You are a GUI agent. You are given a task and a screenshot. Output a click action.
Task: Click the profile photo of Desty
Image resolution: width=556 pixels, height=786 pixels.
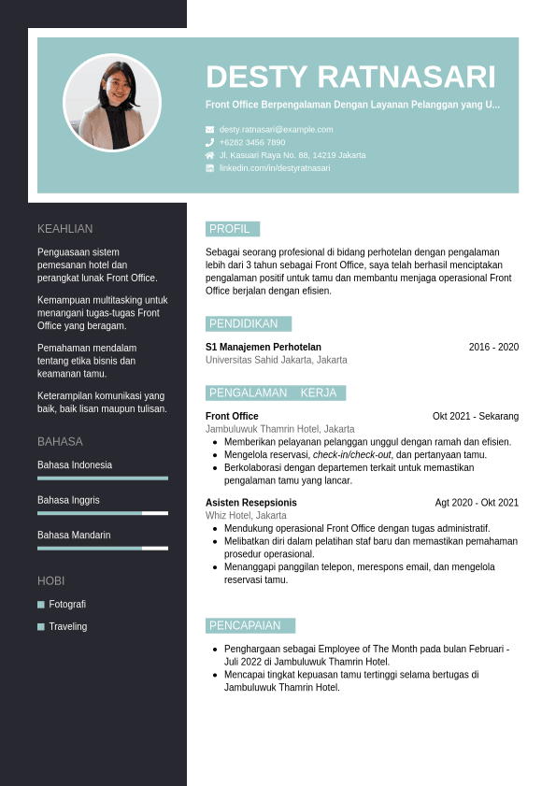tap(112, 103)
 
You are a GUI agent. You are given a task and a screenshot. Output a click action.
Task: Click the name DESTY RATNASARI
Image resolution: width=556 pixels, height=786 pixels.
tap(350, 77)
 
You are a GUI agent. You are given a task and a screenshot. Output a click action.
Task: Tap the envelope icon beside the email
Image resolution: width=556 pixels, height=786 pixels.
tap(210, 129)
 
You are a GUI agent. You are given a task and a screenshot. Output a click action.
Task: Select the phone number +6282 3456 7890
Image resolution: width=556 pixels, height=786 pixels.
tap(252, 142)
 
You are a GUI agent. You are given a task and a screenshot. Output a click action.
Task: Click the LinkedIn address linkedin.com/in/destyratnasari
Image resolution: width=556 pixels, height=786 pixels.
tap(275, 168)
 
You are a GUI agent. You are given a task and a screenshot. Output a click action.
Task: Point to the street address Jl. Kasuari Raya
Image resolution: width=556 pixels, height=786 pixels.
tap(292, 155)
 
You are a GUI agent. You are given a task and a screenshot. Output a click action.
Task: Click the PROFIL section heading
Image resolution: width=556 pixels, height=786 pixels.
tap(230, 229)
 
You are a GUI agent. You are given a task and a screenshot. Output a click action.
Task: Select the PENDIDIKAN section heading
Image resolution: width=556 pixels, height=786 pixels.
tap(244, 323)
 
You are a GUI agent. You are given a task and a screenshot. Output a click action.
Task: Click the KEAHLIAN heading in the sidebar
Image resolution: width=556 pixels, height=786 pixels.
tap(65, 229)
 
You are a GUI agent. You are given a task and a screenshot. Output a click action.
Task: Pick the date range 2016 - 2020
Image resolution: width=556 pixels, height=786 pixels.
tap(493, 347)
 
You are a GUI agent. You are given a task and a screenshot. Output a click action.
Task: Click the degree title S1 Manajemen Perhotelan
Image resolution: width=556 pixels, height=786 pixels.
tap(264, 347)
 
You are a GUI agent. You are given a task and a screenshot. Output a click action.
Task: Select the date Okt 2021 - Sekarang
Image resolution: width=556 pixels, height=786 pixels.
tap(476, 416)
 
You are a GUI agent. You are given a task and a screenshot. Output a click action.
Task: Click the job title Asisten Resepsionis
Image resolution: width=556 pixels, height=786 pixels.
tap(251, 502)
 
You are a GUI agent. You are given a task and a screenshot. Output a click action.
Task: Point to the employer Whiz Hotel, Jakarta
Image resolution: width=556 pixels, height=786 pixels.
tap(246, 515)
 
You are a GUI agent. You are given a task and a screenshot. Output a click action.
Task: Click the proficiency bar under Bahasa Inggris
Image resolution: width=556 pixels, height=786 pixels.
tap(103, 513)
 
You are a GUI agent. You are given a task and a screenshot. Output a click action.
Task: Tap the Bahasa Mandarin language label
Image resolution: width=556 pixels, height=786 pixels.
tap(74, 535)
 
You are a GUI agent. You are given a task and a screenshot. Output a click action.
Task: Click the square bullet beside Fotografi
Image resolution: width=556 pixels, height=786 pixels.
tap(41, 605)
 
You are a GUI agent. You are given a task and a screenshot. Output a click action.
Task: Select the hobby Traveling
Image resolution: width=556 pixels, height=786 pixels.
tap(68, 626)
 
